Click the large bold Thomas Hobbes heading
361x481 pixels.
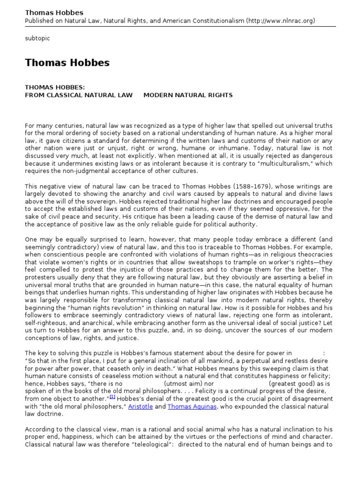(67, 63)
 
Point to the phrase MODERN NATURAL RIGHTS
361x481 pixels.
(188, 95)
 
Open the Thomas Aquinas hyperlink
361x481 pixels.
(192, 407)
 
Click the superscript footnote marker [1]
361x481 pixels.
(112, 397)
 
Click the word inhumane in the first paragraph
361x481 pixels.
(218, 148)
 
